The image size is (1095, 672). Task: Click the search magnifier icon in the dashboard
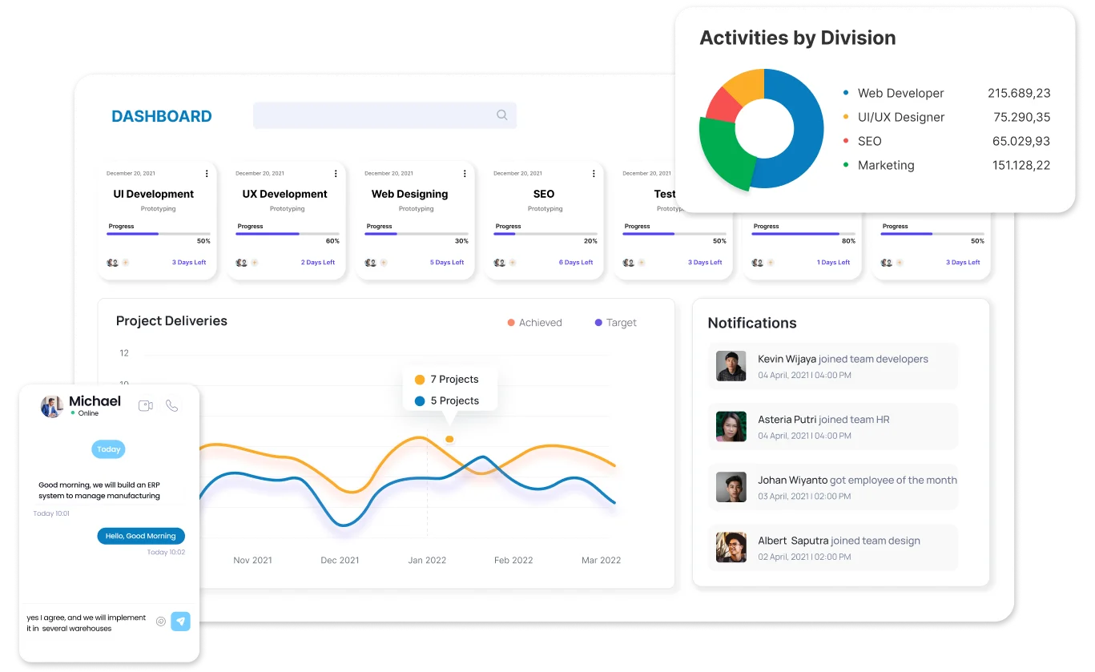coord(502,115)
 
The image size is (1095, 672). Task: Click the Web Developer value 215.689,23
coord(1018,93)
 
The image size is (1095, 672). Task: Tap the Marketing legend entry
coord(885,165)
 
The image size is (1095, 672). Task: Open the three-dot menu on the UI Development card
coord(207,173)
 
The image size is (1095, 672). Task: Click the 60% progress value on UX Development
coord(332,241)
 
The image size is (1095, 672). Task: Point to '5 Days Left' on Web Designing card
coord(447,263)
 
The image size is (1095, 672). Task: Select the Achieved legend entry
coord(534,323)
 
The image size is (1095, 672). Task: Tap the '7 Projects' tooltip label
coord(454,380)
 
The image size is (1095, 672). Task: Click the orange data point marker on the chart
coord(449,439)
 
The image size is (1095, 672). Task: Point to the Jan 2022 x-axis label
coord(427,561)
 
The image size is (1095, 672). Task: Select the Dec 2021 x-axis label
coord(340,561)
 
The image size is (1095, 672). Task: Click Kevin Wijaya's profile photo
coord(731,366)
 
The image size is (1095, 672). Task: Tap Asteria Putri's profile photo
coord(731,427)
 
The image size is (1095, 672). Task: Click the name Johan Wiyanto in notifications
coord(792,481)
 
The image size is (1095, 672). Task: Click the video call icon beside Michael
coord(146,406)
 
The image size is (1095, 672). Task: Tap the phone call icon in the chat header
coord(171,406)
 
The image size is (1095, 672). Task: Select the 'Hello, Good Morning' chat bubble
coord(141,536)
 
